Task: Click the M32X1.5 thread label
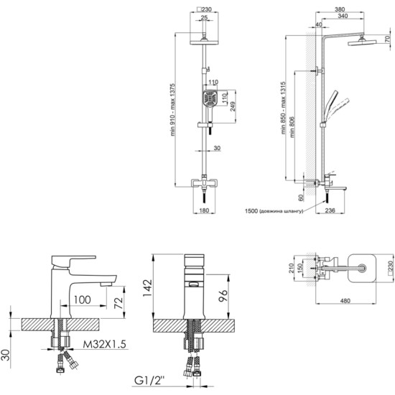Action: (x=104, y=344)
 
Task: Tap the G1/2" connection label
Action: (x=149, y=381)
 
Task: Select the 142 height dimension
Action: (x=147, y=288)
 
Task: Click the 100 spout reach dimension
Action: (x=82, y=299)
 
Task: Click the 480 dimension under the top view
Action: (x=345, y=300)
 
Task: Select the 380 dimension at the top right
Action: (x=340, y=9)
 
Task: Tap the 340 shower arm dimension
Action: (x=343, y=16)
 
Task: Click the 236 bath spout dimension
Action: (x=330, y=210)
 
